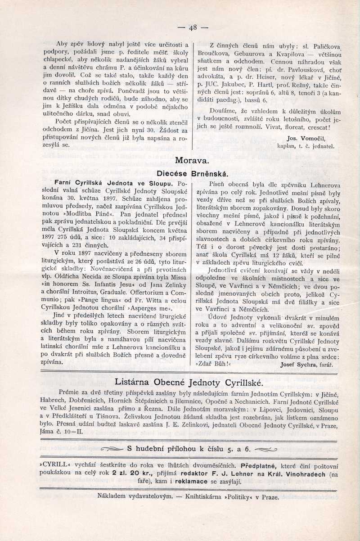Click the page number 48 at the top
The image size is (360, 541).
pos(193,27)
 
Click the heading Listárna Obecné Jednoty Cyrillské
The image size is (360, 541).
pos(189,382)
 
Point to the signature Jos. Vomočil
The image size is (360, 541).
pos(306,139)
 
